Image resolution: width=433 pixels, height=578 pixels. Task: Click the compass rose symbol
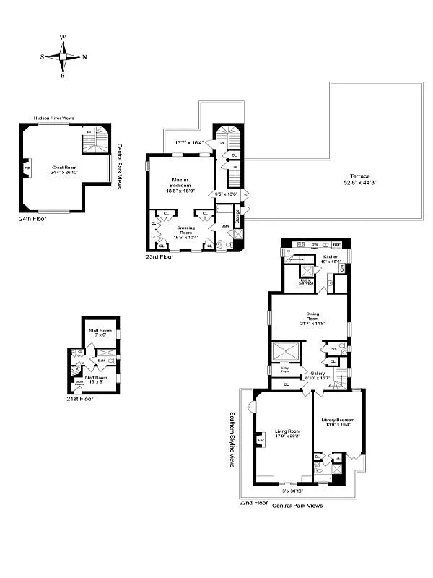63,56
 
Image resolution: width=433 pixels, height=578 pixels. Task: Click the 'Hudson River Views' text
55,119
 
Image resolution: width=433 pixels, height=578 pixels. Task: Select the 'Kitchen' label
331,257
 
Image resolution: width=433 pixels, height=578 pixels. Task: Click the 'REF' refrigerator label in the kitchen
336,245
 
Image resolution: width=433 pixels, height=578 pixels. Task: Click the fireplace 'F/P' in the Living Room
261,439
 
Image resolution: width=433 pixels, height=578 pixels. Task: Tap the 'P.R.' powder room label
334,348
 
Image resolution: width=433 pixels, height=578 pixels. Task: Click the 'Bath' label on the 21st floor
102,361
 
